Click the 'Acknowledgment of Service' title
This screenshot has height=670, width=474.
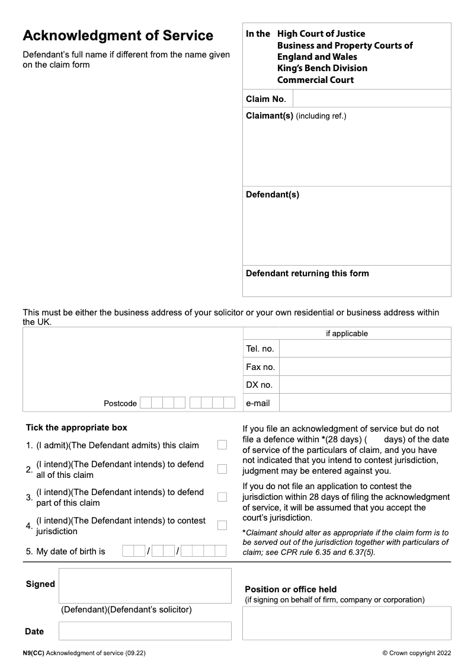pyautogui.click(x=118, y=36)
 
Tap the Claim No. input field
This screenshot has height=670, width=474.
pyautogui.click(x=371, y=98)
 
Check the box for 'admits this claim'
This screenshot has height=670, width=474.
pyautogui.click(x=222, y=445)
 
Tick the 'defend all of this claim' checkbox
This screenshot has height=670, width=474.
pyautogui.click(x=222, y=469)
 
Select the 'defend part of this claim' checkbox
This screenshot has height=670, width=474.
pyautogui.click(x=222, y=497)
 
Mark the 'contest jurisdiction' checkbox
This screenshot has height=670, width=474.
pyautogui.click(x=222, y=525)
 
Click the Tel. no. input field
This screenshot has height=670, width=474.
pyautogui.click(x=364, y=349)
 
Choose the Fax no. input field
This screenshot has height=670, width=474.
pyautogui.click(x=364, y=366)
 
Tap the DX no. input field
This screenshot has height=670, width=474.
pyautogui.click(x=364, y=385)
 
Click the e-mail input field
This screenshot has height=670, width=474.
pyautogui.click(x=364, y=403)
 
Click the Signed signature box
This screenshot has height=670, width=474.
pyautogui.click(x=145, y=585)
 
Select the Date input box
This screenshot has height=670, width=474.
pyautogui.click(x=145, y=631)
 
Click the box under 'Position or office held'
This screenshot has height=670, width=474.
pyautogui.click(x=347, y=623)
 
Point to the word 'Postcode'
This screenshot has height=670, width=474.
pyautogui.click(x=120, y=403)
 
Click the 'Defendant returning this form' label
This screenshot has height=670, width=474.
pyautogui.click(x=307, y=273)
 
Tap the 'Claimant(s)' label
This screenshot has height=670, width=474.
pyautogui.click(x=270, y=116)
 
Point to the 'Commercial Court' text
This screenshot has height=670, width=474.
pyautogui.click(x=315, y=80)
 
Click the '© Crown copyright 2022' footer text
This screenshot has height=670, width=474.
pyautogui.click(x=417, y=653)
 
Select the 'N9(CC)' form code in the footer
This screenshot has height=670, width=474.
pyautogui.click(x=33, y=653)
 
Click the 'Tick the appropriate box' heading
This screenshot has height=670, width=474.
pyautogui.click(x=76, y=427)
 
